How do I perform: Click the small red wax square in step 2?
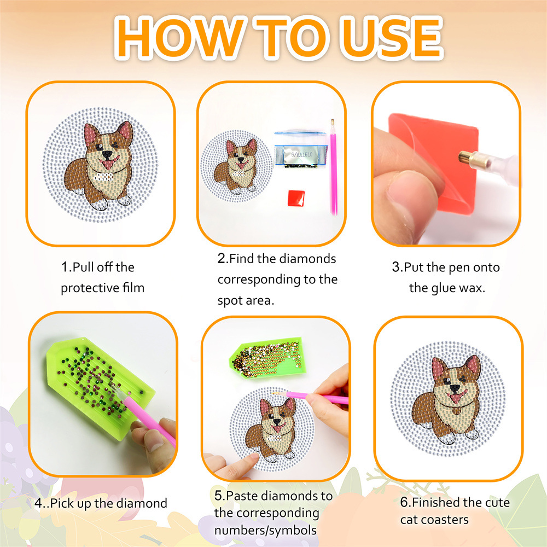296,198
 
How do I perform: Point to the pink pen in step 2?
333,167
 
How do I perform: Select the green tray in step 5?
267,358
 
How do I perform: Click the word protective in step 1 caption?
90,288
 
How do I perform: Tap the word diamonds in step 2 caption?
307,259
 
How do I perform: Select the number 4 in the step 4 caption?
38,503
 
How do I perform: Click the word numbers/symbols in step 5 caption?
265,530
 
